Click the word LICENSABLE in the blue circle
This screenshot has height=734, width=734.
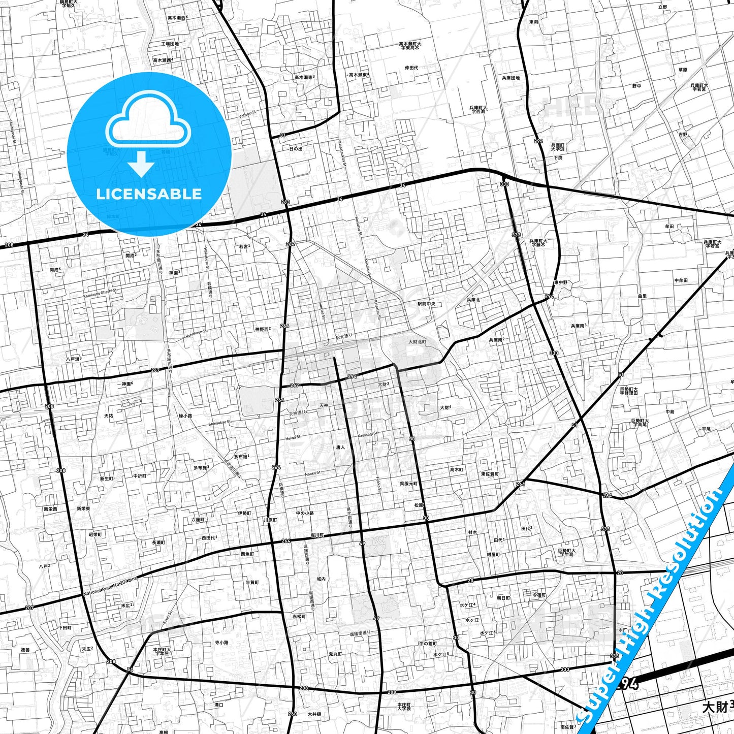(x=149, y=194)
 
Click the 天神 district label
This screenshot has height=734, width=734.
(x=324, y=405)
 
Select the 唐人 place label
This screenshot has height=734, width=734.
(x=340, y=448)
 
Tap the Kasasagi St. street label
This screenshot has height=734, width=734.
(x=367, y=435)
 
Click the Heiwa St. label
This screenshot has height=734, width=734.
(x=293, y=437)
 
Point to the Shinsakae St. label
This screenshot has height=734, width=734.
(x=219, y=422)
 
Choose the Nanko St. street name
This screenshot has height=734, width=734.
(x=313, y=473)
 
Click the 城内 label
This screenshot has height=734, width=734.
(x=321, y=579)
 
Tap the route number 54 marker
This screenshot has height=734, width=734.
(x=130, y=670)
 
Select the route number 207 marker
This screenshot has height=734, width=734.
(x=29, y=608)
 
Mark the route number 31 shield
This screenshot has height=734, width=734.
(x=283, y=135)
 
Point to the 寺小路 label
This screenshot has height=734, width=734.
(x=221, y=642)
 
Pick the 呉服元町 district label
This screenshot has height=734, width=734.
(x=408, y=484)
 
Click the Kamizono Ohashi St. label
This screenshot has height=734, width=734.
(x=100, y=293)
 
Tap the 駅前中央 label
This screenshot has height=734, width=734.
(x=427, y=304)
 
